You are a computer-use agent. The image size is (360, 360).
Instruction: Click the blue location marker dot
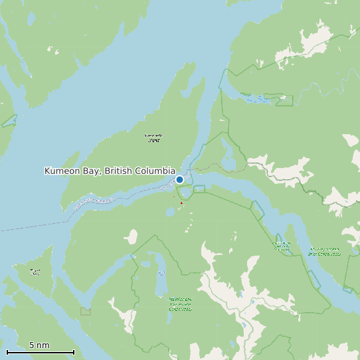tap(179, 179)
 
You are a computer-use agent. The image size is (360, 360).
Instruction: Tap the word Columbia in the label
tap(153, 171)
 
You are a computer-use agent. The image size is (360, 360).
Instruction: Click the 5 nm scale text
tap(39, 345)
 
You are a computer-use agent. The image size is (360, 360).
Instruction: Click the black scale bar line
tap(40, 352)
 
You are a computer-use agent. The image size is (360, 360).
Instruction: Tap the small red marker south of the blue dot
tap(181, 203)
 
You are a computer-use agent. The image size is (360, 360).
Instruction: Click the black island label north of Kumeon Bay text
tap(153, 138)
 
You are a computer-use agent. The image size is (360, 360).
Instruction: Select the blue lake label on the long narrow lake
tap(161, 274)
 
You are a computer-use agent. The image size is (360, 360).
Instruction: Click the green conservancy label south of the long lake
tap(180, 304)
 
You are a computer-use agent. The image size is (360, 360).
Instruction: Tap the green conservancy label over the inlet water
tap(324, 251)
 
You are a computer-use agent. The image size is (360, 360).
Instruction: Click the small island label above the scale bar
tap(35, 271)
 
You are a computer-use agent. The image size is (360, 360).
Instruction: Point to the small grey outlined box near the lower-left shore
tap(85, 311)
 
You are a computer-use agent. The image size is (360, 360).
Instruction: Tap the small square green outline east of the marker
tap(199, 189)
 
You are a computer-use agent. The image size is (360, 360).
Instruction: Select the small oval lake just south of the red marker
tap(171, 212)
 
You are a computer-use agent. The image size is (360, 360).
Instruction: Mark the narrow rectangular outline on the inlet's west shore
tap(257, 209)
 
